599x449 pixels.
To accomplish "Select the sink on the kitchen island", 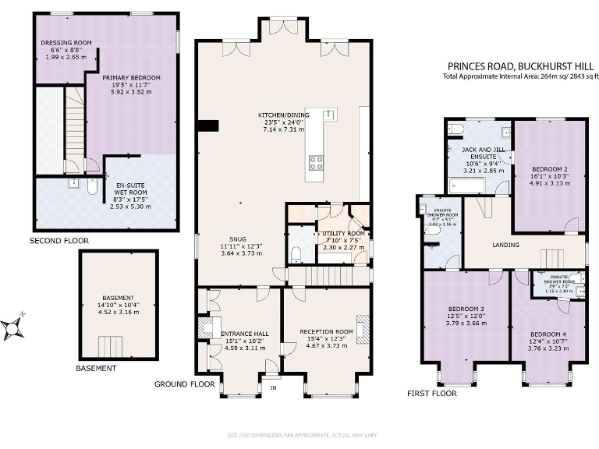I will [x=329, y=115].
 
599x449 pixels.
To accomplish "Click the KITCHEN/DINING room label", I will [x=284, y=115].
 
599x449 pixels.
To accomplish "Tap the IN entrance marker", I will [x=273, y=386].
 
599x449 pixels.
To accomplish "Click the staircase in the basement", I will [x=110, y=344].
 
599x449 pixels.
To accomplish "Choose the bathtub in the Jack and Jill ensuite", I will [x=466, y=185].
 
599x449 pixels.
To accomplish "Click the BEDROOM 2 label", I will [x=548, y=168].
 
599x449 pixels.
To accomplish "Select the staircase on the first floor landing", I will [x=553, y=257].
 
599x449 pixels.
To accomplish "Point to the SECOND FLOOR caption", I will [x=58, y=241].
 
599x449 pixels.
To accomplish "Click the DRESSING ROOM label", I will [x=59, y=44].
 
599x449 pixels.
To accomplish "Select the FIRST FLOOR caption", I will [x=431, y=394].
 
